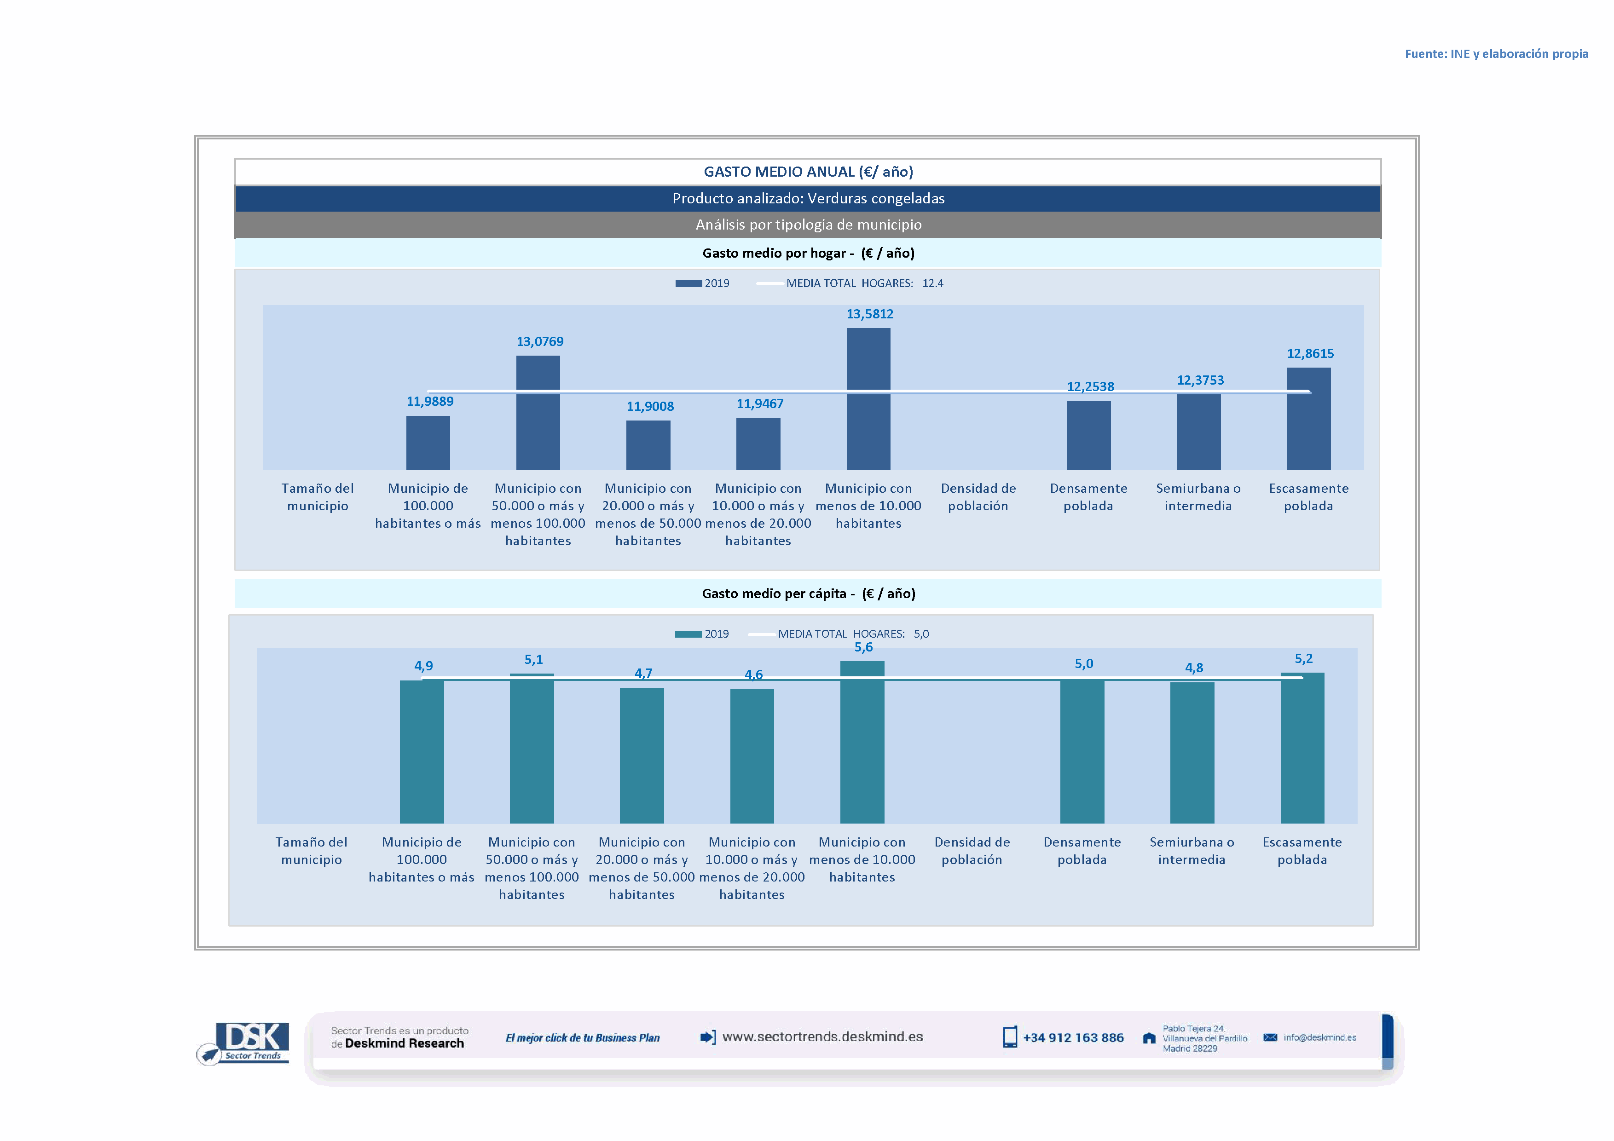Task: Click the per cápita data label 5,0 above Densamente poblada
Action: pyautogui.click(x=1083, y=664)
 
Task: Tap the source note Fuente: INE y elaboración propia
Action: pyautogui.click(x=1496, y=54)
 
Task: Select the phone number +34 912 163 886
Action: pyautogui.click(x=1073, y=1038)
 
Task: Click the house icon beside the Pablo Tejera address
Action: pyautogui.click(x=1149, y=1038)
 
